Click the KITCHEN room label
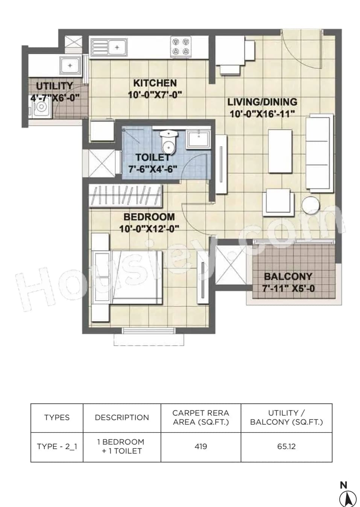pos(155,83)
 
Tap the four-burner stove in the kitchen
pos(181,47)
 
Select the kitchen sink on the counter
pos(108,48)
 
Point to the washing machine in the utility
pos(39,109)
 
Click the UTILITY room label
pos(55,86)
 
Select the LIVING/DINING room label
pos(262,102)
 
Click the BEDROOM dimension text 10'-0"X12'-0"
pos(149,228)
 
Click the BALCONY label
pos(288,276)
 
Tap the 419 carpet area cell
pos(201,446)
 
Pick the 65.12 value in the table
pos(286,446)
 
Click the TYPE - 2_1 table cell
pos(57,446)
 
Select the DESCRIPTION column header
pos(122,417)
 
